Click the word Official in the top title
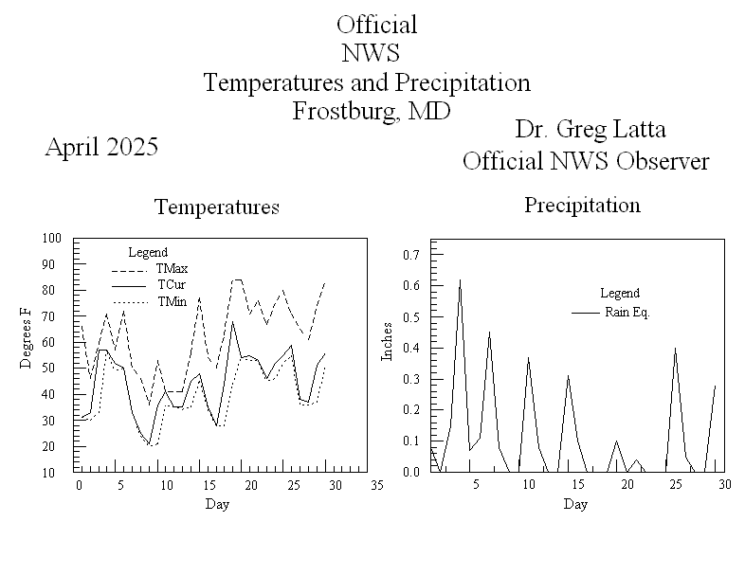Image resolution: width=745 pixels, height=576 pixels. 376,25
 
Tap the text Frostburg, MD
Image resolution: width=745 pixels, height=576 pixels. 370,111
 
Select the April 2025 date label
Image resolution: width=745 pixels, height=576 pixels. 101,148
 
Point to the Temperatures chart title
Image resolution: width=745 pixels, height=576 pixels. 216,207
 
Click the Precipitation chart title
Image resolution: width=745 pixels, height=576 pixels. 582,206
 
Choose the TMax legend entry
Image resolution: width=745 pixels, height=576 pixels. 172,269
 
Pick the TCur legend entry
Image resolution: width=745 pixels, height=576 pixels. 172,285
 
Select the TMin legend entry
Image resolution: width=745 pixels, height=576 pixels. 172,302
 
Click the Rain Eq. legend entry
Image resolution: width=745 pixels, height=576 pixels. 627,312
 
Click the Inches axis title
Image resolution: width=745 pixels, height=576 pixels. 387,342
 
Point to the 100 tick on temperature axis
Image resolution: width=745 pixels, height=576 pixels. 51,239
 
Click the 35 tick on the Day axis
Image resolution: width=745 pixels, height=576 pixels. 376,486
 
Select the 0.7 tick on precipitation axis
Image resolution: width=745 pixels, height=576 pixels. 411,255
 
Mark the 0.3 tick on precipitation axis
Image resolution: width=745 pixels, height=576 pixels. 411,379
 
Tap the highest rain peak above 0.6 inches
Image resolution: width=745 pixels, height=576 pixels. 460,279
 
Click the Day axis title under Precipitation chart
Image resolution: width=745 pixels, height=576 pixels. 574,504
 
